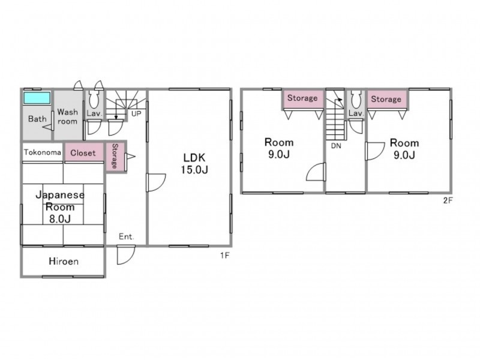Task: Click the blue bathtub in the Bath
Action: [37, 98]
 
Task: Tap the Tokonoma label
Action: [43, 152]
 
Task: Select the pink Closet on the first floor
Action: [84, 152]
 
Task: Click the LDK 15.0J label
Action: [194, 163]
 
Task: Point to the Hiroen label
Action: [64, 261]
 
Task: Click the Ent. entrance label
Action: [127, 236]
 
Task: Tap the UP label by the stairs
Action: [136, 113]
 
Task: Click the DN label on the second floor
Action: [336, 146]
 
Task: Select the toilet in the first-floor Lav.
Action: [94, 99]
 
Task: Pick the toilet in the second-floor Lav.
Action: [355, 99]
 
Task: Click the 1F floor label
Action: [224, 255]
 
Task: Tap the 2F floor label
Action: [448, 200]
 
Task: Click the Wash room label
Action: [67, 116]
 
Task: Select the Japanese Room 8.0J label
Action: [60, 206]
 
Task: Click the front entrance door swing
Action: [126, 254]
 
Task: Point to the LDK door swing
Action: [157, 182]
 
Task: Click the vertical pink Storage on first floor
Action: [115, 157]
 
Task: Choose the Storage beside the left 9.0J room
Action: [302, 98]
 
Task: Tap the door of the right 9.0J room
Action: [375, 151]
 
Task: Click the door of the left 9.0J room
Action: [316, 172]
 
